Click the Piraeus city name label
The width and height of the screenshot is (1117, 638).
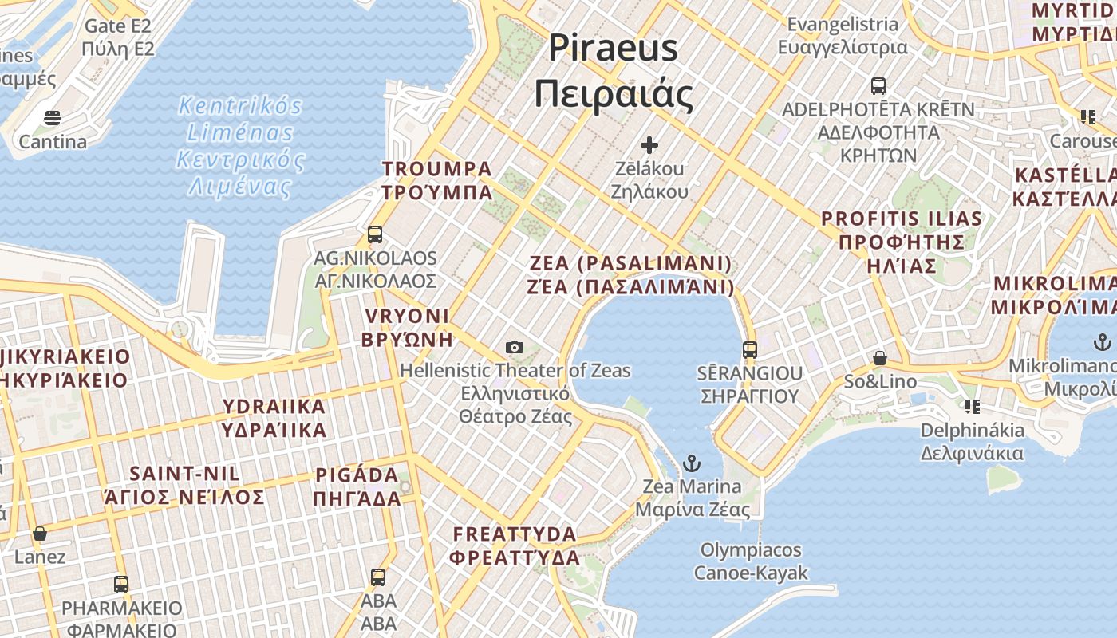point(613,70)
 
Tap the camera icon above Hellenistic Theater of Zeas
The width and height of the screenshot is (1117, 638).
point(515,347)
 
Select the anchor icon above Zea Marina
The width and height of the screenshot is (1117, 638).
point(692,463)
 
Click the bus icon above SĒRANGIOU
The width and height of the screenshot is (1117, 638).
point(749,349)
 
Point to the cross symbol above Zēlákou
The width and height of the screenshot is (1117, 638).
point(649,145)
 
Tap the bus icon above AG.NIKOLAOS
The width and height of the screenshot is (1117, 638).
point(375,234)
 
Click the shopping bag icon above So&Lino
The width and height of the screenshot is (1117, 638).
point(879,358)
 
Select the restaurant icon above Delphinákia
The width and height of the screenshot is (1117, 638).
point(972,407)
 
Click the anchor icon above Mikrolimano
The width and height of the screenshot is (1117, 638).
point(1102,343)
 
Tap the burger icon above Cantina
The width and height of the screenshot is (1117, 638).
point(53,119)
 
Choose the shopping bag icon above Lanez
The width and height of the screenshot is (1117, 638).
point(40,533)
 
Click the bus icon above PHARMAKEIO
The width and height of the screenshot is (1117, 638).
point(121,584)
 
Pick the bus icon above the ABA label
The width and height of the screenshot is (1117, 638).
point(378,577)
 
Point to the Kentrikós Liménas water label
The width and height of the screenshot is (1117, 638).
point(240,146)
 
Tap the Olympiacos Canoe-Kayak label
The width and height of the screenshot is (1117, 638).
point(750,561)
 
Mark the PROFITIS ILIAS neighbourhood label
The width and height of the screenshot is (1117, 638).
point(902,242)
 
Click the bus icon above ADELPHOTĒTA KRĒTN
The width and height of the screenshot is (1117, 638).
point(878,85)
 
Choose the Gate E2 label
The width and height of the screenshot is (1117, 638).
point(117,37)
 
